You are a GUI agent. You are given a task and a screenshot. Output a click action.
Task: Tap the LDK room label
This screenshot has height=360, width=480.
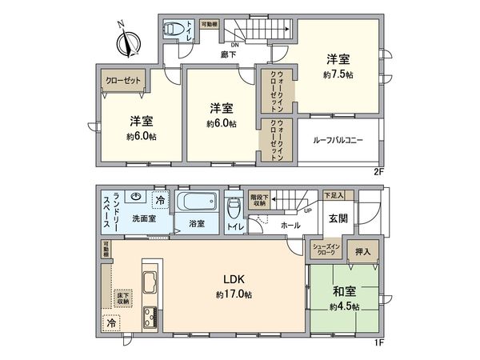click(x=234, y=280)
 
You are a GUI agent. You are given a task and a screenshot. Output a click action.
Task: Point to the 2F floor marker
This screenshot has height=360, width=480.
click(x=379, y=170)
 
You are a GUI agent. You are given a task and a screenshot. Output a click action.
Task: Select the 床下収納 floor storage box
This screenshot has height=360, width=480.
click(x=123, y=298)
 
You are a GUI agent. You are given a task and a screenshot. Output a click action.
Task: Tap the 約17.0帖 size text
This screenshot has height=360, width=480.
click(x=234, y=295)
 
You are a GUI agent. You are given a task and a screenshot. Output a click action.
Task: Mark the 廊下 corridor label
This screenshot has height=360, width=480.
click(x=229, y=54)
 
